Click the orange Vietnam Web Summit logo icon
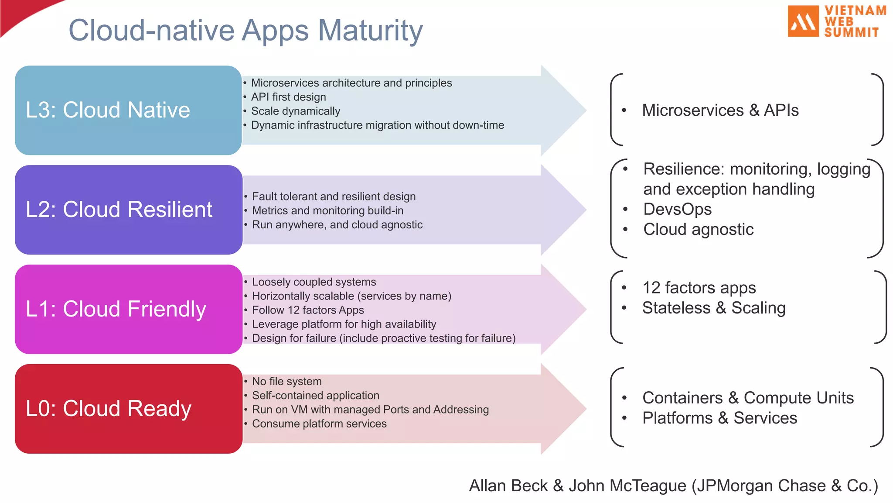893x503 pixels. click(803, 21)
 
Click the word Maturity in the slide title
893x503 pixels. click(370, 31)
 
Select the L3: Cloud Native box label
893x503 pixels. click(108, 110)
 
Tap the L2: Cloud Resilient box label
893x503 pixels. click(119, 210)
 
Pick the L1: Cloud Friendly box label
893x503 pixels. click(116, 309)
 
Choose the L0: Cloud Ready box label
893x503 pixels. click(108, 409)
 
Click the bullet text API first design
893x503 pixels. click(288, 97)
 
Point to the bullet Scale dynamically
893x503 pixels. click(295, 111)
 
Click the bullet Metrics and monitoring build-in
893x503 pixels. click(327, 210)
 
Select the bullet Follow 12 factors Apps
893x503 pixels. click(308, 310)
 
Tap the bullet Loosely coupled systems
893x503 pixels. click(314, 282)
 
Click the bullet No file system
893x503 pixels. click(286, 382)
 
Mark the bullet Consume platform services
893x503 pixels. click(319, 424)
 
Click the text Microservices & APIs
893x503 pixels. click(720, 110)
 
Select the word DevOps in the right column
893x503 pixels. click(677, 209)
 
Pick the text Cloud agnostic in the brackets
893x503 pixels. click(698, 229)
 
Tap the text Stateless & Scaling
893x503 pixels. click(714, 308)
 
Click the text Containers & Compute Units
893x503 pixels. click(748, 398)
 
